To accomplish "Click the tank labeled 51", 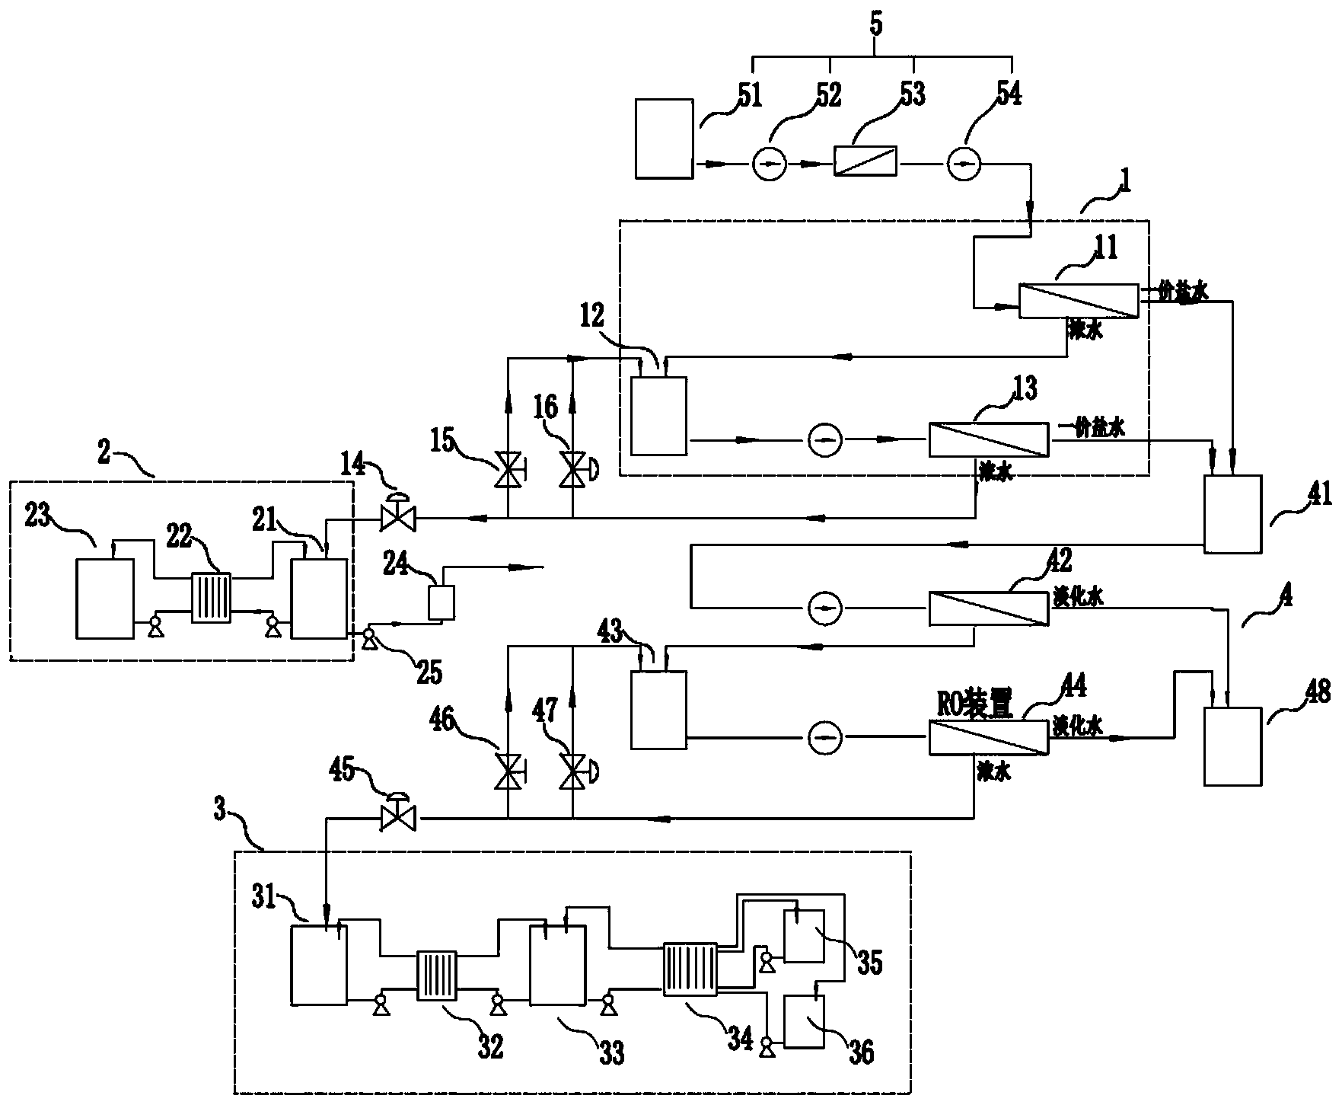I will point(664,139).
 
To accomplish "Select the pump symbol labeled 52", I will point(769,164).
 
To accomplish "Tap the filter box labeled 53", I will point(865,161).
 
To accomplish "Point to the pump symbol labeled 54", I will point(964,164).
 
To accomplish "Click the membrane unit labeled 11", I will point(1079,302).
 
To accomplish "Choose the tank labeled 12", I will point(658,416).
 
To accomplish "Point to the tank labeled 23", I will point(105,598).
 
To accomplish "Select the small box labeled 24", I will point(441,602).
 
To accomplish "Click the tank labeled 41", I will point(1232,514).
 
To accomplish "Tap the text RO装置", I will point(976,707).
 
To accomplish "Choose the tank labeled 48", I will point(1232,746).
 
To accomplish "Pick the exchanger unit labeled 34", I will point(690,969).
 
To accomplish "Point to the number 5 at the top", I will point(876,24).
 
